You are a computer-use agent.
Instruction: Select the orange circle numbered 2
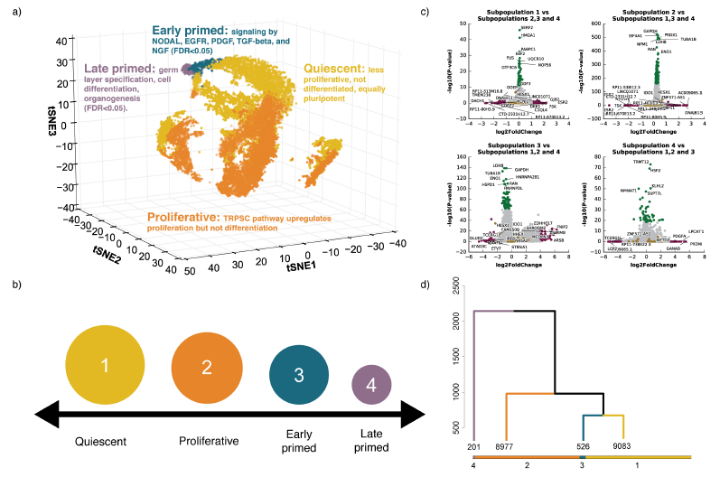[x=206, y=367]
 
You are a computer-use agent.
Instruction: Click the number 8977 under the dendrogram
[x=504, y=446]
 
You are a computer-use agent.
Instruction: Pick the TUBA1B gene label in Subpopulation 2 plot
[x=688, y=40]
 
